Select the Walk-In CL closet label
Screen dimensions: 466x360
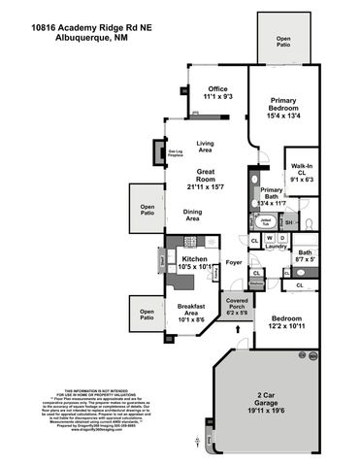pyautogui.click(x=299, y=172)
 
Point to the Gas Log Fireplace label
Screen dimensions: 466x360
pyautogui.click(x=177, y=152)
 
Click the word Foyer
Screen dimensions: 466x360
pyautogui.click(x=233, y=261)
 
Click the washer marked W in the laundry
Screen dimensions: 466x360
pyautogui.click(x=269, y=237)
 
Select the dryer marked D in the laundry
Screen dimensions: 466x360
pyautogui.click(x=282, y=237)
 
